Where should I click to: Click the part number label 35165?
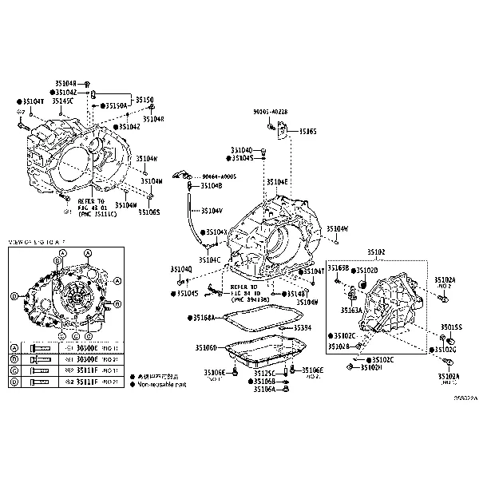pyautogui.click(x=308, y=131)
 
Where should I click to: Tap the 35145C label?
pyautogui.click(x=63, y=101)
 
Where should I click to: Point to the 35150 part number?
pyautogui.click(x=144, y=100)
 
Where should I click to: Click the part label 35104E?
pyautogui.click(x=277, y=182)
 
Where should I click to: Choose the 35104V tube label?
pyautogui.click(x=212, y=211)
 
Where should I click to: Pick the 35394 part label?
pyautogui.click(x=303, y=327)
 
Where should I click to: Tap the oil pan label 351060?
pyautogui.click(x=206, y=348)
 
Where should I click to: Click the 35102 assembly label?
pyautogui.click(x=376, y=252)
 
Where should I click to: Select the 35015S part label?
pyautogui.click(x=452, y=327)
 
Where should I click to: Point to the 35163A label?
pyautogui.click(x=351, y=310)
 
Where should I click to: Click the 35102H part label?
pyautogui.click(x=371, y=367)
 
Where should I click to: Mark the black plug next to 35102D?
pyautogui.click(x=360, y=283)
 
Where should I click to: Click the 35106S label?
pyautogui.click(x=148, y=212)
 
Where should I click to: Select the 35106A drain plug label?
pyautogui.click(x=264, y=390)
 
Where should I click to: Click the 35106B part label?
pyautogui.click(x=264, y=382)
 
